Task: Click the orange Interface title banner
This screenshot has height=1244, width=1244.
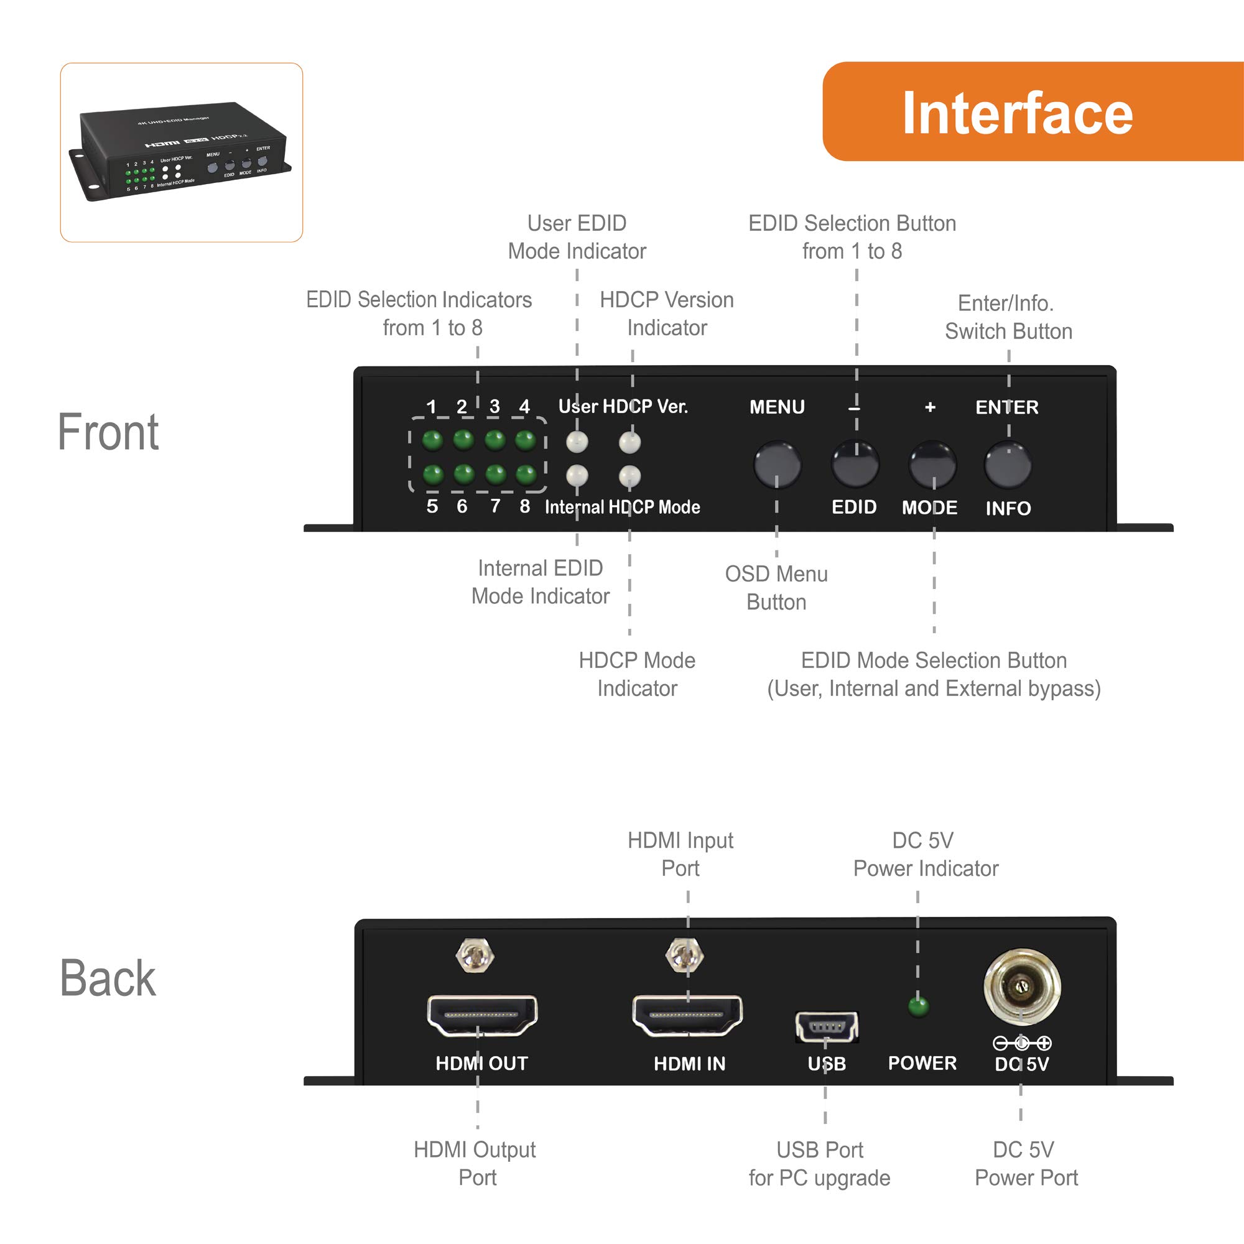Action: (x=1032, y=111)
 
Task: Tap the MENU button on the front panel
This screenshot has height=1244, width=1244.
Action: (x=777, y=463)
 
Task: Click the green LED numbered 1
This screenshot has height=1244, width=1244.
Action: (x=432, y=440)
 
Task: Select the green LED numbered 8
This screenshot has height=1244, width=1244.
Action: (x=526, y=475)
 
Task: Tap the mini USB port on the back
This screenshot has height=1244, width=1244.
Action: (x=827, y=1026)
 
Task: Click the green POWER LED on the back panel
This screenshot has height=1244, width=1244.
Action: (x=918, y=1006)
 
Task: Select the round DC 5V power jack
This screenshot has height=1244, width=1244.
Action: (x=1022, y=986)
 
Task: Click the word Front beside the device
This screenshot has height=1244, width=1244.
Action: (x=108, y=432)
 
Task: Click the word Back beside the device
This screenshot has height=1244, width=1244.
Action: (x=108, y=978)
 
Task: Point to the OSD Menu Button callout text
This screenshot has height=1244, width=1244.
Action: (x=776, y=588)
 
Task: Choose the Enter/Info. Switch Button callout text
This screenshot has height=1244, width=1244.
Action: (x=1008, y=317)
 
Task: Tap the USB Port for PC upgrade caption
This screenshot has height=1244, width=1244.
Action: (x=819, y=1164)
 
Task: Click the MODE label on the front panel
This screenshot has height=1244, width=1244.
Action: (x=929, y=508)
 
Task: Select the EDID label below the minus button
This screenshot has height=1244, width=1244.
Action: (x=854, y=507)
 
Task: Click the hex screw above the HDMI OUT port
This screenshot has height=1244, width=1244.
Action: (x=475, y=955)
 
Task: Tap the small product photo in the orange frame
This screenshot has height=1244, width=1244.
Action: (x=182, y=152)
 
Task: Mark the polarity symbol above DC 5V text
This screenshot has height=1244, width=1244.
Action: (x=1022, y=1043)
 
